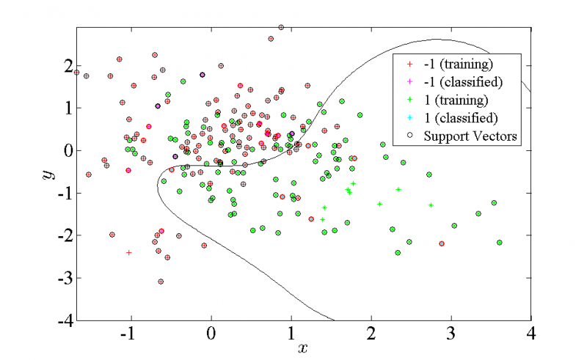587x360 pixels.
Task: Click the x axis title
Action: [302, 347]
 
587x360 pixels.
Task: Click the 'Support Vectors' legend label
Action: [464, 136]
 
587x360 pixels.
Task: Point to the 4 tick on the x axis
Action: [531, 333]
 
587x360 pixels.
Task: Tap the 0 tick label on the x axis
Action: [211, 333]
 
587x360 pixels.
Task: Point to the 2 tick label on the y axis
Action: [68, 65]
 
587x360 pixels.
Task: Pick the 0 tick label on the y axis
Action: [68, 150]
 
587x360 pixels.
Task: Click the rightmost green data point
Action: [500, 242]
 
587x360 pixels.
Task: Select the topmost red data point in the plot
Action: [281, 28]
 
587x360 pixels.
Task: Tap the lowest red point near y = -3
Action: [161, 281]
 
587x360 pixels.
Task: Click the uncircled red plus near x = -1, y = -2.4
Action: [129, 252]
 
